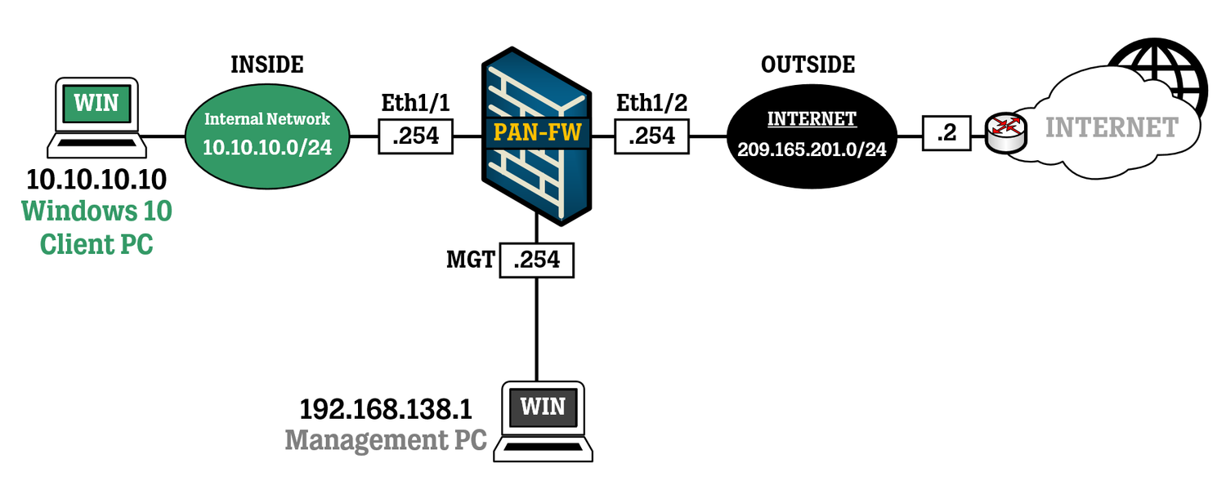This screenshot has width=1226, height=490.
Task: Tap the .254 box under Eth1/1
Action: click(415, 136)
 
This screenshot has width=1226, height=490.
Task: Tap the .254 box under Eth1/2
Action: click(651, 136)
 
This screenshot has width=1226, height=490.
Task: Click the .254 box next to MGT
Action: click(536, 260)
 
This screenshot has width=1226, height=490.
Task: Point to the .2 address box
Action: click(946, 132)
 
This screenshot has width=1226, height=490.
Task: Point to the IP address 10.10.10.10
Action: click(96, 179)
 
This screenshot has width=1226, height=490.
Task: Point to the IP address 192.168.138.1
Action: click(387, 408)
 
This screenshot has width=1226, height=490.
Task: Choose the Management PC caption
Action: click(386, 440)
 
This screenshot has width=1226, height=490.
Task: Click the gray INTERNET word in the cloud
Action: click(1112, 127)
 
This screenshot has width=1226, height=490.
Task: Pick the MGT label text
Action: click(470, 260)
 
